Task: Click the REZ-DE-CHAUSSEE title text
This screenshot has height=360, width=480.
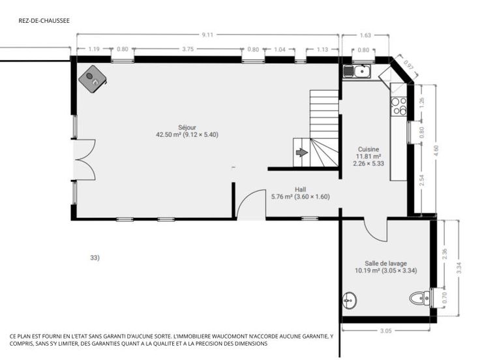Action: pyautogui.click(x=44, y=20)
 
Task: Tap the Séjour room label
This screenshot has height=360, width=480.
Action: pyautogui.click(x=187, y=127)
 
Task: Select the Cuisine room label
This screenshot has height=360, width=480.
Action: pyautogui.click(x=368, y=149)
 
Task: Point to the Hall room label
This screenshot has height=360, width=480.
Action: pyautogui.click(x=300, y=190)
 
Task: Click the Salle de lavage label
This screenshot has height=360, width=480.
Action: pyautogui.click(x=385, y=263)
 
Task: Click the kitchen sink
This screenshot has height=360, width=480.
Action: pyautogui.click(x=357, y=72)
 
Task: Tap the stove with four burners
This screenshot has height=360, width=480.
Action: pyautogui.click(x=399, y=106)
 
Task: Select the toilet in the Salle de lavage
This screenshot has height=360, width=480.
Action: pyautogui.click(x=420, y=298)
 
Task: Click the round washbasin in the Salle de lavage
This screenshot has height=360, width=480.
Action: pyautogui.click(x=350, y=300)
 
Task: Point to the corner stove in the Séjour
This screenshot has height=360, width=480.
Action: pyautogui.click(x=93, y=79)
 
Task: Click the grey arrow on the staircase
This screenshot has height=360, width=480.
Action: pyautogui.click(x=302, y=152)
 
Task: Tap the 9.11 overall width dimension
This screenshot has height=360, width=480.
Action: pyautogui.click(x=207, y=35)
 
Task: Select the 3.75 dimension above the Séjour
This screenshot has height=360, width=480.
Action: pyautogui.click(x=188, y=49)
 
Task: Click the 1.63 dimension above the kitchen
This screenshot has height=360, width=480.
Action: pyautogui.click(x=365, y=35)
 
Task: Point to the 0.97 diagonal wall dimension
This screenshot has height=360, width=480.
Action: pyautogui.click(x=408, y=66)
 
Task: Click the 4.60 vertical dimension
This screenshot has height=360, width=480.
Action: pyautogui.click(x=436, y=150)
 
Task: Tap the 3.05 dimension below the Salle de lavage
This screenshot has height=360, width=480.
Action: pyautogui.click(x=385, y=331)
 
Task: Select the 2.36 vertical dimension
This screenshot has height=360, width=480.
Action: pyautogui.click(x=445, y=254)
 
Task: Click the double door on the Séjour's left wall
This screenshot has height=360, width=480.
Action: pyautogui.click(x=85, y=160)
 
